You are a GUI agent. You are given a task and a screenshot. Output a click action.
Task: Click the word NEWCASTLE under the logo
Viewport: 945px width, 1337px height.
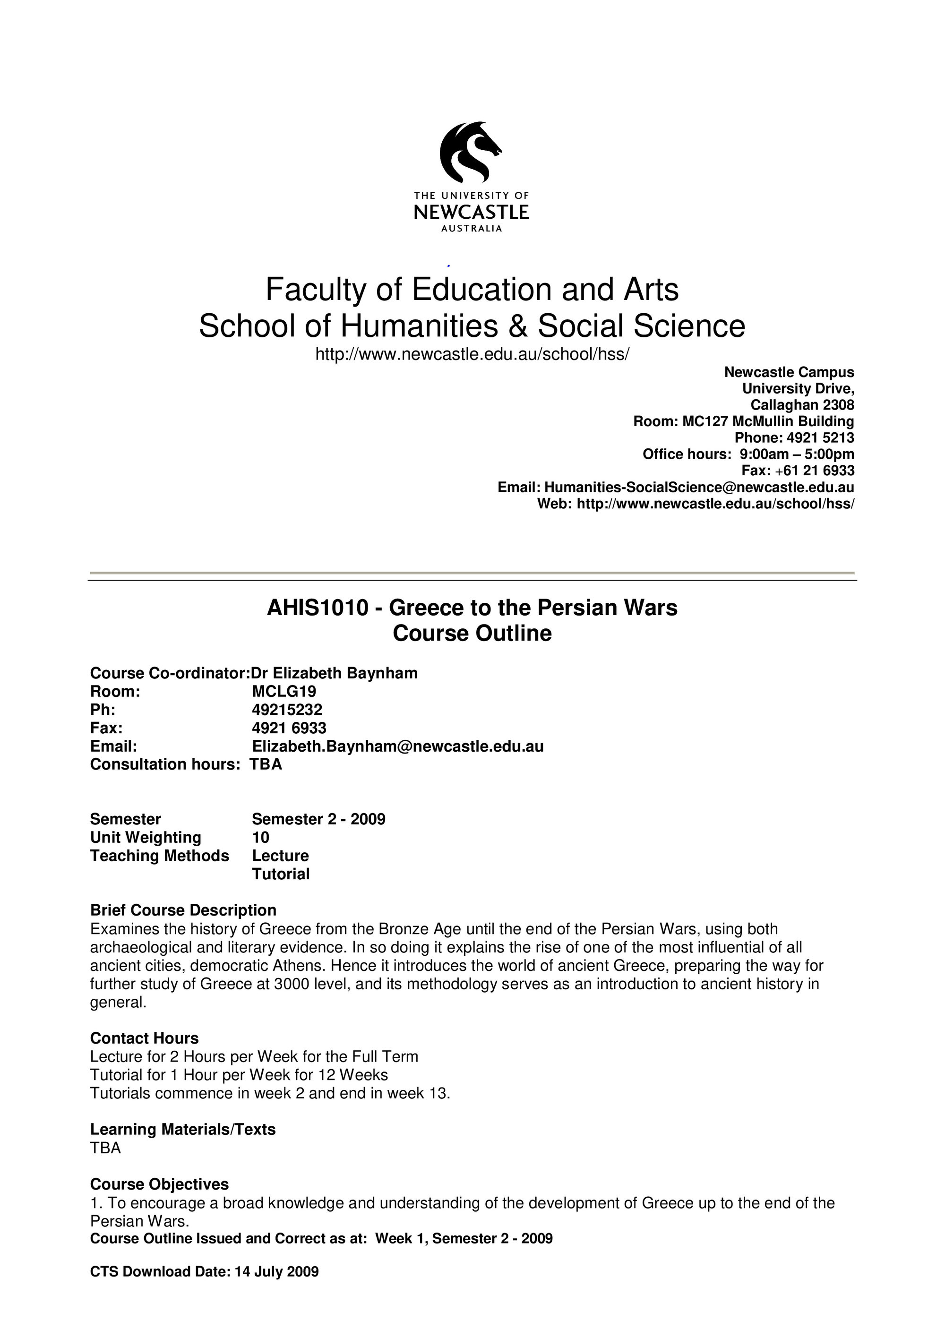click(x=471, y=212)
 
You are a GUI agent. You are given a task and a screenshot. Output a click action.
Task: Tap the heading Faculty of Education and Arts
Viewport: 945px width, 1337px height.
click(x=472, y=290)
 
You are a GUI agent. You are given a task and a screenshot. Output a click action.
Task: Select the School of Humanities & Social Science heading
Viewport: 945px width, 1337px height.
click(x=472, y=326)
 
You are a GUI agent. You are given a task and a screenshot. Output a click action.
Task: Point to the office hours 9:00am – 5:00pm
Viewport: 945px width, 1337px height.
click(x=797, y=454)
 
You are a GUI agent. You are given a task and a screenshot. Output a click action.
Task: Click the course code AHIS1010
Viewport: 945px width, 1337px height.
click(x=318, y=608)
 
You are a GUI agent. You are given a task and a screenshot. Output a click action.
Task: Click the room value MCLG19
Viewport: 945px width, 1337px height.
click(x=283, y=692)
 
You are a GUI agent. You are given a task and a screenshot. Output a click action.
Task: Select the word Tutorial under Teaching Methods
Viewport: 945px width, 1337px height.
click(x=281, y=874)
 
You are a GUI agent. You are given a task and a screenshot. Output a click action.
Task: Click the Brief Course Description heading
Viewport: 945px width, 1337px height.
click(x=183, y=911)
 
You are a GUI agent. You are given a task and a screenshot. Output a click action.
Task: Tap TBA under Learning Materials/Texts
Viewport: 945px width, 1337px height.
click(x=105, y=1148)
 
